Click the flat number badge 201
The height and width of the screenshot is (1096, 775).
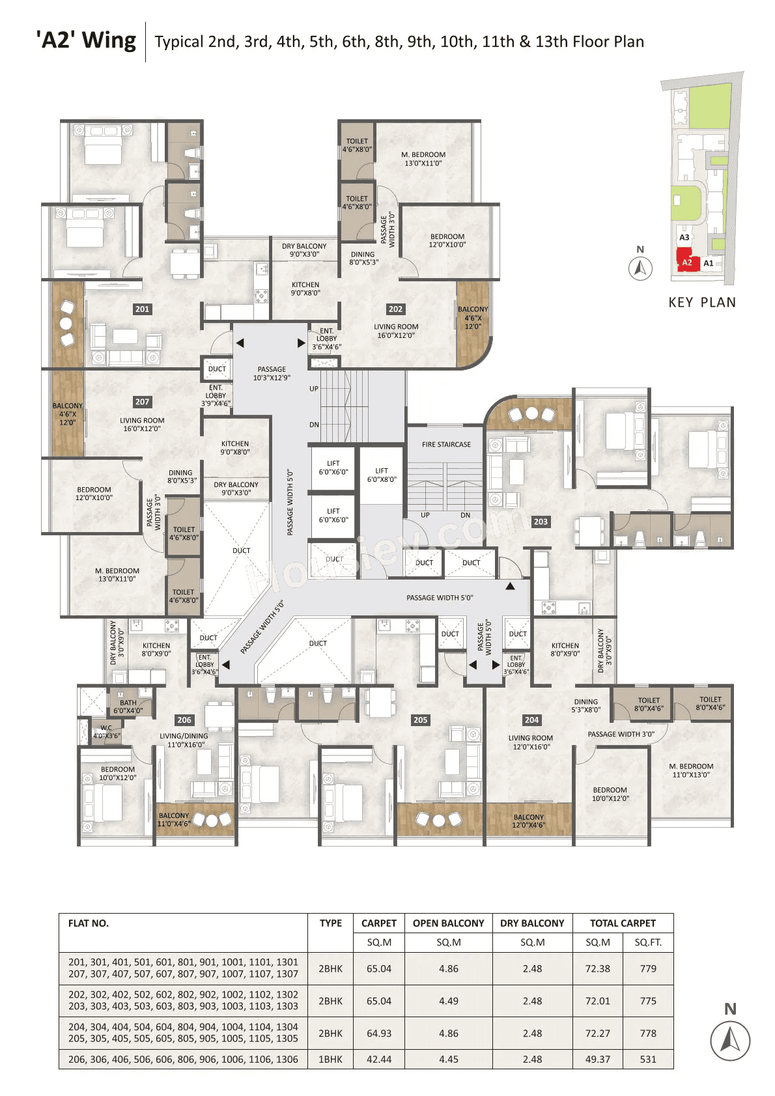(142, 309)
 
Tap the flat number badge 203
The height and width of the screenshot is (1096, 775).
(541, 522)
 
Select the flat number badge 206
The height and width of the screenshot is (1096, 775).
(184, 720)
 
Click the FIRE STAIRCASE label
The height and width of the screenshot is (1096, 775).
(446, 445)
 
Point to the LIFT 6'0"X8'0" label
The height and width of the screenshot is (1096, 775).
(382, 475)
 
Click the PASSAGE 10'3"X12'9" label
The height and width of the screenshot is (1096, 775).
(272, 373)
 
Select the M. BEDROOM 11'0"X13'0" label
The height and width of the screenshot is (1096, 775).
(691, 770)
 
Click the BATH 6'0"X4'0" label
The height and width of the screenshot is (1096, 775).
(128, 707)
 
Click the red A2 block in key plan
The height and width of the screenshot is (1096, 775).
(688, 262)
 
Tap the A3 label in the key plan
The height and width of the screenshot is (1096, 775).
(684, 238)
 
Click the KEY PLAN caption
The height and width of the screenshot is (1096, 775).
(702, 302)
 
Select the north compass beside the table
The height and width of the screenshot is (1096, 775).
(729, 1040)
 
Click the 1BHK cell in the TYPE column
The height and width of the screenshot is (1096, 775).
(330, 1059)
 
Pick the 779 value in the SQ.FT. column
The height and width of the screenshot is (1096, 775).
(648, 968)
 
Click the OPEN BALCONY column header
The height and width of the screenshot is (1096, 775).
(448, 923)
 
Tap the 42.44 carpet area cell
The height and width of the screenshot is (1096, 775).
(379, 1059)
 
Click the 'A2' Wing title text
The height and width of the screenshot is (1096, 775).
(87, 40)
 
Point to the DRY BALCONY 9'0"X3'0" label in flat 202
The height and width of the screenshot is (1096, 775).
(304, 250)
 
